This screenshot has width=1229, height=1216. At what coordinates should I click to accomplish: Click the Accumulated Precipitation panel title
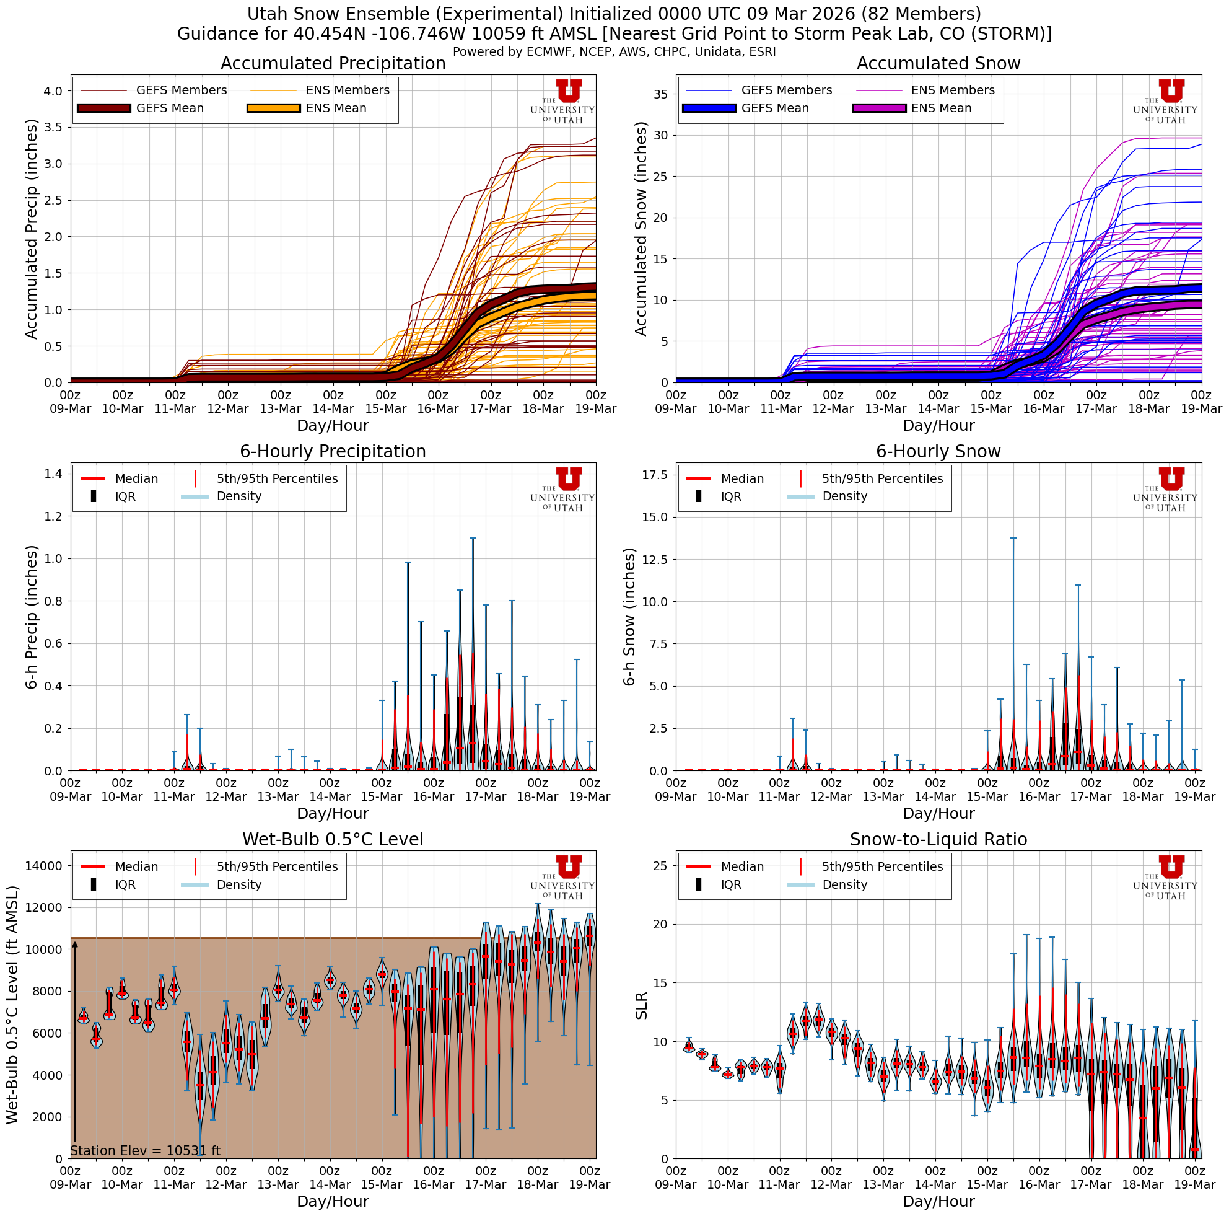click(x=333, y=64)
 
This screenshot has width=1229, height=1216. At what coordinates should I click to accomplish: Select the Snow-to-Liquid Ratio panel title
click(x=938, y=839)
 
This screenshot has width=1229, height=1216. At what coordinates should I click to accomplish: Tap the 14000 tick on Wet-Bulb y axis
click(x=43, y=865)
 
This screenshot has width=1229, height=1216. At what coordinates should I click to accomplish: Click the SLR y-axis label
click(x=641, y=1005)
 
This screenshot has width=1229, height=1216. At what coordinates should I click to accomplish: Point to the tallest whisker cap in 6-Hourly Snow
click(x=1013, y=539)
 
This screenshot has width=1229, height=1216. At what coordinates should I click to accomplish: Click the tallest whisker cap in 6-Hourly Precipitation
click(x=473, y=539)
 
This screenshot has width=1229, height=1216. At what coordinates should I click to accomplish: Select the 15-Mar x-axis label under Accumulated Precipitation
click(x=385, y=409)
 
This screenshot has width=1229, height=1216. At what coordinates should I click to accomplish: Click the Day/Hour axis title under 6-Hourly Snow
click(x=938, y=813)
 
